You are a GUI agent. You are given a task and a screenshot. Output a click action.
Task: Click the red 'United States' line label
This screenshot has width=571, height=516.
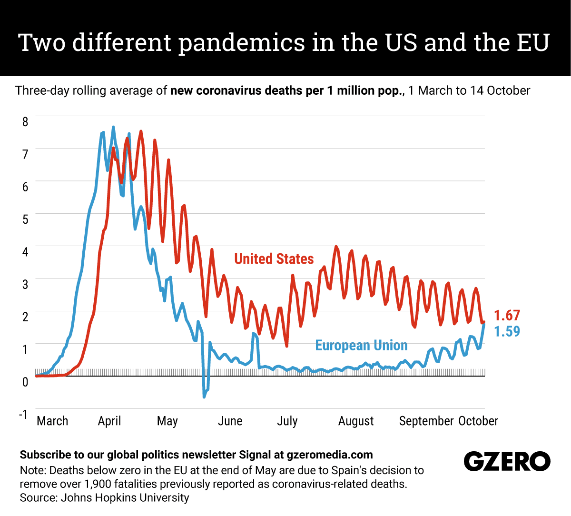click(x=274, y=259)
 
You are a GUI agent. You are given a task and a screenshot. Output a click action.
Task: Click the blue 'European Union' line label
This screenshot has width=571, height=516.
click(x=361, y=346)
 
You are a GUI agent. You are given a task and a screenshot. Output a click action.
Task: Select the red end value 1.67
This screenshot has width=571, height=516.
click(x=507, y=316)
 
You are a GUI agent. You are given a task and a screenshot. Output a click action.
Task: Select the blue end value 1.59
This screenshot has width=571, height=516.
click(x=507, y=331)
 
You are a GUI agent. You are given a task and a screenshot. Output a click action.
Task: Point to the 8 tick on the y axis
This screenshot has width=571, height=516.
click(x=25, y=121)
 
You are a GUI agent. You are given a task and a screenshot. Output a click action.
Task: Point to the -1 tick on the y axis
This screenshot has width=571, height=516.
click(x=23, y=414)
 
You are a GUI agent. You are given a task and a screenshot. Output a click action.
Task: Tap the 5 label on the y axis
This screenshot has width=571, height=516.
click(x=25, y=219)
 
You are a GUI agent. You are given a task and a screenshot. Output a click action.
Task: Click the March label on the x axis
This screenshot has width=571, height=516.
click(x=52, y=421)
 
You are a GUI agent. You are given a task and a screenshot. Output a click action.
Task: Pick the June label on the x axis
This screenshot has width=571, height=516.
click(x=230, y=421)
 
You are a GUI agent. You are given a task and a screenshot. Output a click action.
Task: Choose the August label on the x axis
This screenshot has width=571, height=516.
click(x=356, y=421)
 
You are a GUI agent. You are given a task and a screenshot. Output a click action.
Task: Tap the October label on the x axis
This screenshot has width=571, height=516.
click(x=478, y=421)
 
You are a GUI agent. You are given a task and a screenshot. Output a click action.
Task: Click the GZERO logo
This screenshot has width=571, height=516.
click(x=507, y=461)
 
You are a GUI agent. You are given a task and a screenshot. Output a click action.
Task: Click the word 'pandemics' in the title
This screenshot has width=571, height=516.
click(x=242, y=43)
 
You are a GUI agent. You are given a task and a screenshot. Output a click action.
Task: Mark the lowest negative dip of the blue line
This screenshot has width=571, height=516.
click(x=204, y=397)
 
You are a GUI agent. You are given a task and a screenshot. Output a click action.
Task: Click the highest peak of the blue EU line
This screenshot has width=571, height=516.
click(x=113, y=127)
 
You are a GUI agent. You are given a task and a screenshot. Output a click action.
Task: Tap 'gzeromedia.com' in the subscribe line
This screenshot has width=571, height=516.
click(x=330, y=455)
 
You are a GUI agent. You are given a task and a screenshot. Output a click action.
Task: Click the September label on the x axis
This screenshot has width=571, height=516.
click(x=426, y=421)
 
